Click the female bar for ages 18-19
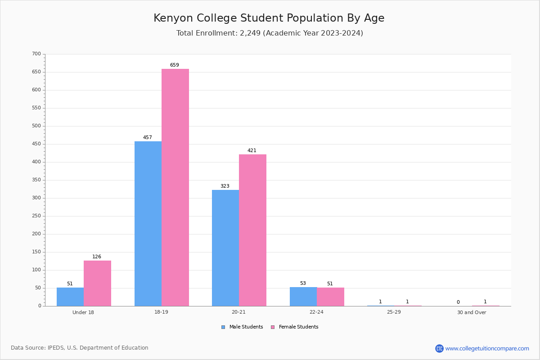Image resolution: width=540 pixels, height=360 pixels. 175,187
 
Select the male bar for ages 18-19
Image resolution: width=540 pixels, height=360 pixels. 148,224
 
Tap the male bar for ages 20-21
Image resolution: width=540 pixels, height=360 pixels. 225,248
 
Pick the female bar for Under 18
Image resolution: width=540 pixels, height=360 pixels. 97,283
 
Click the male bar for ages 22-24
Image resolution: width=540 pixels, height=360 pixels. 303,297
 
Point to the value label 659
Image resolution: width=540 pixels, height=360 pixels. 175,65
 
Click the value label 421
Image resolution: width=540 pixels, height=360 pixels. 252,150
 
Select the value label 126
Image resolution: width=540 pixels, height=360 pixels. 97,256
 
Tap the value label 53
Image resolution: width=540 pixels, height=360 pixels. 303,283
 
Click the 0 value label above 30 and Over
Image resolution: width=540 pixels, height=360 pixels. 458,302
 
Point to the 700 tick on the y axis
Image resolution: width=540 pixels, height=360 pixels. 36,54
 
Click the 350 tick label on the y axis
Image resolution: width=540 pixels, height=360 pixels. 36,180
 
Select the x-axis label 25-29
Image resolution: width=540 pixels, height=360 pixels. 394,312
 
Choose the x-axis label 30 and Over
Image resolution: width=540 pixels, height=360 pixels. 472,312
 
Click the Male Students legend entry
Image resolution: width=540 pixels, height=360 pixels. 242,327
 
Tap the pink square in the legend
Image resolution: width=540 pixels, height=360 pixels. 273,327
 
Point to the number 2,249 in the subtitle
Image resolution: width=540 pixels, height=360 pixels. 250,33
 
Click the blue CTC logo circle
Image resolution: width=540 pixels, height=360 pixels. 439,348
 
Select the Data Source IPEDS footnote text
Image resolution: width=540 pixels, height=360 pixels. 80,348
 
